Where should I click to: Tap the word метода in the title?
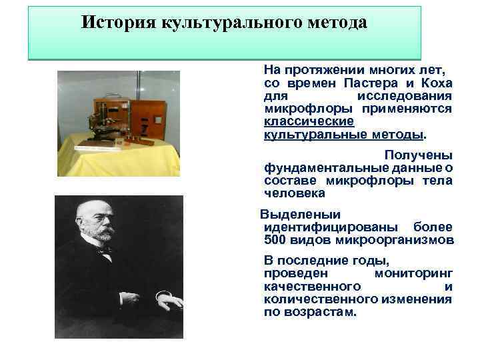click(337, 22)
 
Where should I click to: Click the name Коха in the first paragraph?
click(437, 83)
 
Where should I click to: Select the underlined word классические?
click(309, 121)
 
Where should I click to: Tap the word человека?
click(295, 193)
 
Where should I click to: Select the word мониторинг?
click(413, 273)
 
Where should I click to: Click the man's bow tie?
click(105, 251)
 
